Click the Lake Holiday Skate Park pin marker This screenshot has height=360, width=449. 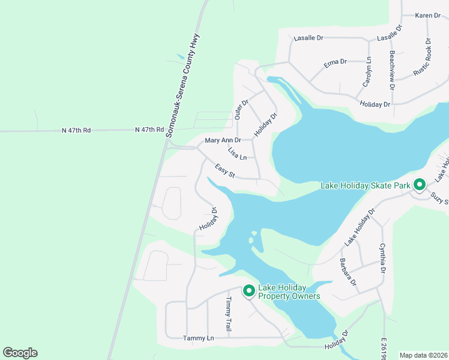click(x=420, y=185)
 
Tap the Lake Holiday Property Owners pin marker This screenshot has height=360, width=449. click(x=249, y=291)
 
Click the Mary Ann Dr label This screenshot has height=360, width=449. click(x=223, y=140)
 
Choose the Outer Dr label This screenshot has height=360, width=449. click(x=240, y=109)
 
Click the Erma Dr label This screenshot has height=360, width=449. click(x=336, y=62)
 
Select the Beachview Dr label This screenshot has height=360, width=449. click(x=392, y=70)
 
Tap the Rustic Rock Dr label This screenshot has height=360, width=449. click(x=423, y=58)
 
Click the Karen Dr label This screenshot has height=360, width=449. click(x=428, y=15)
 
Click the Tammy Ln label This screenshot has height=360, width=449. click(x=198, y=338)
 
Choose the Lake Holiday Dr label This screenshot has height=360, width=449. click(x=360, y=227)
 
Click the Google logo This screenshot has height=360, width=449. click(x=20, y=353)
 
